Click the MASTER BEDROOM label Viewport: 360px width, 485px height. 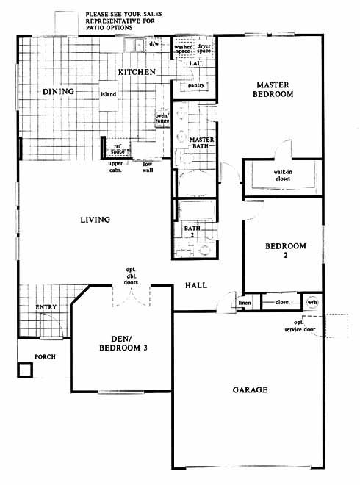[273, 90]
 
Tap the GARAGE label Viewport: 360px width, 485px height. [251, 389]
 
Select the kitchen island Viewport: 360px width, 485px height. [108, 96]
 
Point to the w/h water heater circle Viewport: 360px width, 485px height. [312, 302]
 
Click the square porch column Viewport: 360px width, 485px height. [25, 370]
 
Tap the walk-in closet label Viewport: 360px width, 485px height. [283, 176]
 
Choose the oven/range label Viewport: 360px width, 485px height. [162, 118]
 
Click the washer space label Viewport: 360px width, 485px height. [183, 49]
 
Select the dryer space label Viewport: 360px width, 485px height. [204, 48]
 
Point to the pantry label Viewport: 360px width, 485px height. [196, 85]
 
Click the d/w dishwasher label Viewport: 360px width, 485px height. [154, 43]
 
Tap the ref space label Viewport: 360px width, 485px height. [118, 149]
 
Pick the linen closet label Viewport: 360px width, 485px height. [245, 303]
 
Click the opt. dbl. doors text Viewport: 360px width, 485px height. [131, 276]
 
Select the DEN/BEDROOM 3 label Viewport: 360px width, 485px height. [123, 344]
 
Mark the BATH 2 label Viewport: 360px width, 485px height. [192, 231]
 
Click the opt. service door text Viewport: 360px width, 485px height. [300, 326]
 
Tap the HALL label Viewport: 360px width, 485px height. [196, 285]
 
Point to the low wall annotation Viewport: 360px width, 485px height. [148, 167]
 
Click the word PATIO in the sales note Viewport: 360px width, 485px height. [96, 27]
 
